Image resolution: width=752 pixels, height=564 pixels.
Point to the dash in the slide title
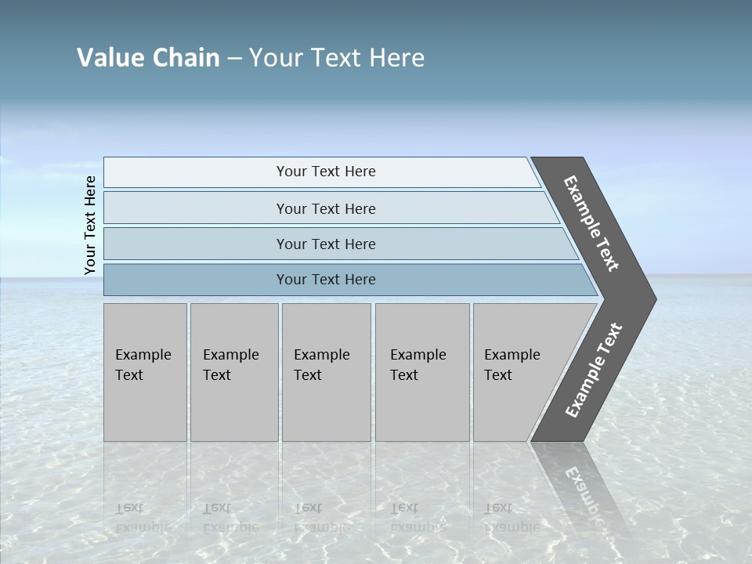pos(234,59)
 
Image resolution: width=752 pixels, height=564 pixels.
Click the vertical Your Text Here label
pos(90,225)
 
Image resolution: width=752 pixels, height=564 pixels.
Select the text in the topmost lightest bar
pos(326,172)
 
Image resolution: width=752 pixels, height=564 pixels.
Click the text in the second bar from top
pos(326,208)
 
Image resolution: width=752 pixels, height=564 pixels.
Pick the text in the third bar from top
pos(326,244)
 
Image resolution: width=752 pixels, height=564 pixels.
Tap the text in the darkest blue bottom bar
pos(326,280)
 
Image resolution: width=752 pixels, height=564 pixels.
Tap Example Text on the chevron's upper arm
pos(591,223)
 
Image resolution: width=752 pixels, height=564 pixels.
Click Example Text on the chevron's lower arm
pos(593,371)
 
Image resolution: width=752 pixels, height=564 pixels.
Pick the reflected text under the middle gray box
pos(321,517)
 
